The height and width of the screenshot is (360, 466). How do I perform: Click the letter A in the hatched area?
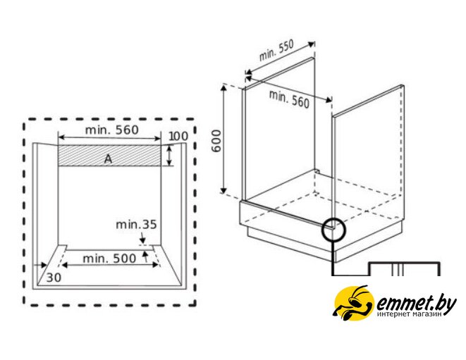click(x=108, y=159)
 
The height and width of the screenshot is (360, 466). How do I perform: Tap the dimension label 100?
click(x=178, y=137)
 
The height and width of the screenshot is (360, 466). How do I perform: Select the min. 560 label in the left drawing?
click(x=112, y=130)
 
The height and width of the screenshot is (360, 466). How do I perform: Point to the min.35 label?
click(x=136, y=225)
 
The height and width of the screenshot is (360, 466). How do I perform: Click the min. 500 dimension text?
click(x=109, y=259)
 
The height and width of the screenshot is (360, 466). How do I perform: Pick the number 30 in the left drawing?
click(x=54, y=278)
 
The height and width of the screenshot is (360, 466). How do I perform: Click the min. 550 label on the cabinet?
click(x=276, y=50)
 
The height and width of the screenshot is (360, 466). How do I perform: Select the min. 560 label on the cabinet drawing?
click(x=289, y=99)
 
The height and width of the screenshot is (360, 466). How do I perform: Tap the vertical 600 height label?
click(x=216, y=141)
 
